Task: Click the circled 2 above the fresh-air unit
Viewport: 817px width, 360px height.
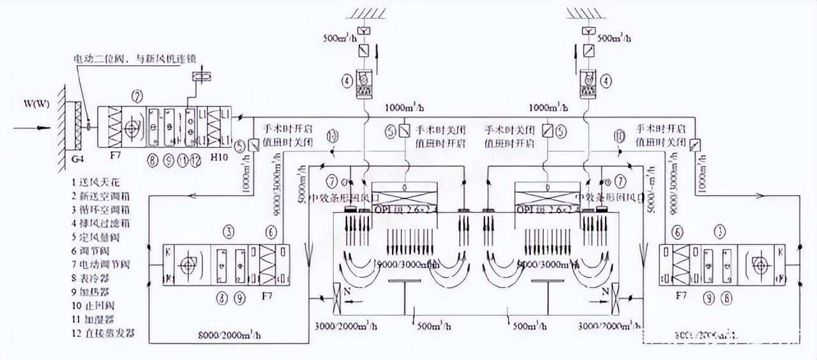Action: pos(137,97)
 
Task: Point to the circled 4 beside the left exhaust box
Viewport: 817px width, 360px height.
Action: pos(346,81)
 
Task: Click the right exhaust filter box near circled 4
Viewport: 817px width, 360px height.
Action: pos(588,84)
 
